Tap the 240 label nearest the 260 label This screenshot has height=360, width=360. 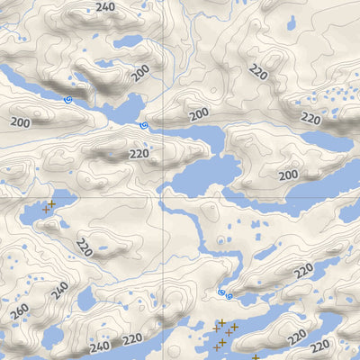coord(59,291)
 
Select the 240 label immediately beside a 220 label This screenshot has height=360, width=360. coord(100,345)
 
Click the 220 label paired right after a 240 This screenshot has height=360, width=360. coord(132,339)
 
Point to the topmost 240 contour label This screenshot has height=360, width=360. coord(105,7)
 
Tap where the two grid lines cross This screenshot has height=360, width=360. coord(163,197)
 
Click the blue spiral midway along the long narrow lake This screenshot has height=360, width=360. coord(68,100)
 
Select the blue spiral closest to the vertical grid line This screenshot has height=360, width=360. coord(143,126)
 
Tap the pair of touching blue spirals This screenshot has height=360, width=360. coord(225,293)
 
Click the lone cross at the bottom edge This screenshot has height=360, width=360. coord(256,357)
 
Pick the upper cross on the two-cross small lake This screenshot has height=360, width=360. coord(51,203)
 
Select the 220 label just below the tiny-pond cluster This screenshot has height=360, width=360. coord(310,118)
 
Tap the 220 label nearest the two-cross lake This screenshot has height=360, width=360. coord(84,246)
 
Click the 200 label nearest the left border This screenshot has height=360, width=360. coord(20,121)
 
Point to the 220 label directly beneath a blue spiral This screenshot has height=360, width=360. coord(139,153)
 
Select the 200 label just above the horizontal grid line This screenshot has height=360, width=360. coord(288,175)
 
